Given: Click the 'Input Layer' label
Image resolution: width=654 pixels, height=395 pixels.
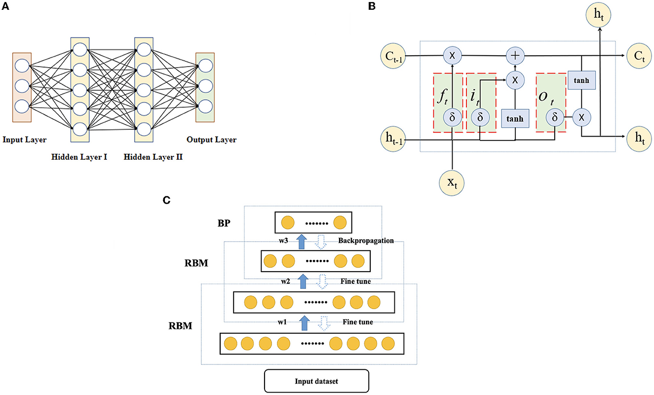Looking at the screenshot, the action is tap(25, 140).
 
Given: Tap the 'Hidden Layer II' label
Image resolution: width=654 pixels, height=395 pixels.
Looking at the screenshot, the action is tap(153, 157).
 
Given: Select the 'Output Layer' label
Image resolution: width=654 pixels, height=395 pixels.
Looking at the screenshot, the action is tap(211, 140).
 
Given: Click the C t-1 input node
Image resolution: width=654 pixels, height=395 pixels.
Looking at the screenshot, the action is tap(393, 56).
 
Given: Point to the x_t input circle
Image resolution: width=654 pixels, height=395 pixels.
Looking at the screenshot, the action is tap(452, 183).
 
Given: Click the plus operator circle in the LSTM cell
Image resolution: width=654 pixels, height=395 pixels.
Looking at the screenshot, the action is tap(515, 55).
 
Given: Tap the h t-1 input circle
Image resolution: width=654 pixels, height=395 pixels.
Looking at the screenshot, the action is tap(393, 139).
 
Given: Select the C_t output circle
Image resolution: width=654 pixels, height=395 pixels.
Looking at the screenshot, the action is tap(639, 56).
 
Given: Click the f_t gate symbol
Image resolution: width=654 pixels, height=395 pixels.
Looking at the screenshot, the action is tap(442, 96).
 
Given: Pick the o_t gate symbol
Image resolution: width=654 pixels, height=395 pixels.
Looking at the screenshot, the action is tap(546, 98).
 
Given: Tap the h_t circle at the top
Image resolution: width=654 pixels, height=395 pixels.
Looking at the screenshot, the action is tap(599, 15).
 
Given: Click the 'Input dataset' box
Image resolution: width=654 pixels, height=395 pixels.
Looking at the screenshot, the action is tap(316, 381).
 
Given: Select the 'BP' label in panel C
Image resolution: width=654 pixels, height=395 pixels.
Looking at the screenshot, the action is tap(224, 223).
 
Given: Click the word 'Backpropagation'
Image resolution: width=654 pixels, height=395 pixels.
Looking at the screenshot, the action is tap(366, 241).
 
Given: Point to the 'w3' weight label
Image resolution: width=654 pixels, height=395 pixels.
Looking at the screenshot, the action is tap(283, 241).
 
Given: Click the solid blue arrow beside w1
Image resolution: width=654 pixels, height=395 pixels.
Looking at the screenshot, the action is tap(304, 323).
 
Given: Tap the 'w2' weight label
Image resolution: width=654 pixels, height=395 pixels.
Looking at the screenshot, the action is tap(286, 282).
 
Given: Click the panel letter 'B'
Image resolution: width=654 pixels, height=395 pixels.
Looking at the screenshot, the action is tap(372, 6).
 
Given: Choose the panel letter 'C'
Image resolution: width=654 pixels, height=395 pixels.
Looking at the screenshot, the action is tap(166, 200).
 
